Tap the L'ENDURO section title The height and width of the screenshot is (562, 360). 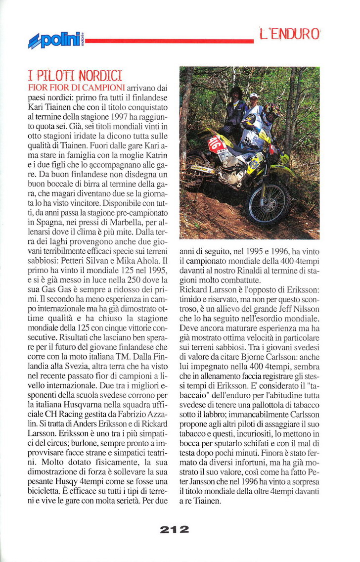tap(290, 34)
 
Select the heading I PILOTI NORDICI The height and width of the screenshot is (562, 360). tap(75, 76)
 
